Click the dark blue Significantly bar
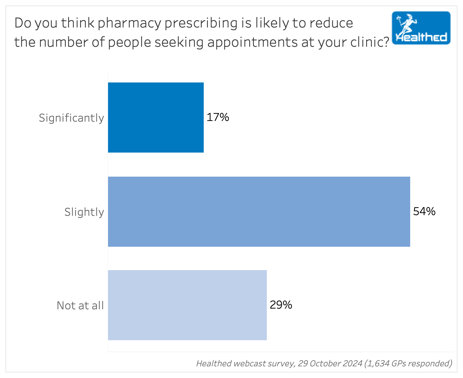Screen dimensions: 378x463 click(x=156, y=118)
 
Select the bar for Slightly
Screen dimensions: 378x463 click(x=259, y=212)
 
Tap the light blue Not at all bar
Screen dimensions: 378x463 click(x=187, y=305)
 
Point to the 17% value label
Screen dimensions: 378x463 click(x=218, y=118)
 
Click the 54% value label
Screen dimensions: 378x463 click(x=424, y=211)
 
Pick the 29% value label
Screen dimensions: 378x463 click(x=281, y=305)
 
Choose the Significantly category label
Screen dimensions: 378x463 click(x=71, y=118)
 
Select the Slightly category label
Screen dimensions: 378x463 click(x=84, y=212)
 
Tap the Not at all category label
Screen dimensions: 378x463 click(x=80, y=305)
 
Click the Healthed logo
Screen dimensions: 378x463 click(x=421, y=28)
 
